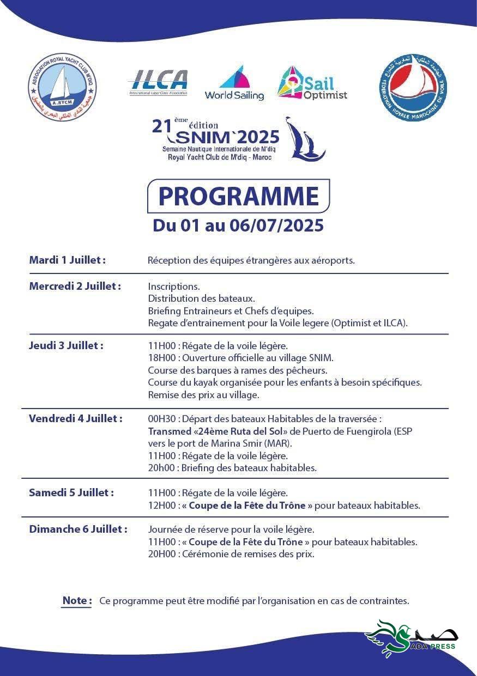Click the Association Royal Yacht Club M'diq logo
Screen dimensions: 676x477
coord(62,87)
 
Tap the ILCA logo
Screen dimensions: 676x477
coord(158,83)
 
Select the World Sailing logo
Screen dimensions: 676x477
coord(234,83)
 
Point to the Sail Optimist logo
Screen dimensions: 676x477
coord(312,83)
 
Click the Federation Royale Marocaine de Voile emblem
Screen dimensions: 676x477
coord(413,87)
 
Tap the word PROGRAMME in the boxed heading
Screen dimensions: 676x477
coord(238,196)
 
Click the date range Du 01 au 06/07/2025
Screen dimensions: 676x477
coord(238,226)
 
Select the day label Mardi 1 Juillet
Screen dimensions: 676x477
coord(67,260)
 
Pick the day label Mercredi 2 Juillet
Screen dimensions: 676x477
coord(75,286)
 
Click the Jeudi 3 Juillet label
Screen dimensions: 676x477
coord(66,345)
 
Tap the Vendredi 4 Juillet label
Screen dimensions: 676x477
coord(75,418)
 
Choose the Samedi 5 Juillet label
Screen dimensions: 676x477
coord(71,492)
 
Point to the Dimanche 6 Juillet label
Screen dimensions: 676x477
coord(78,529)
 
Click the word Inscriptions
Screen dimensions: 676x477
coord(174,286)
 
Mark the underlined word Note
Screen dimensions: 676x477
coord(76,600)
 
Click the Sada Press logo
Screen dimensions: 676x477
coord(412,638)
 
